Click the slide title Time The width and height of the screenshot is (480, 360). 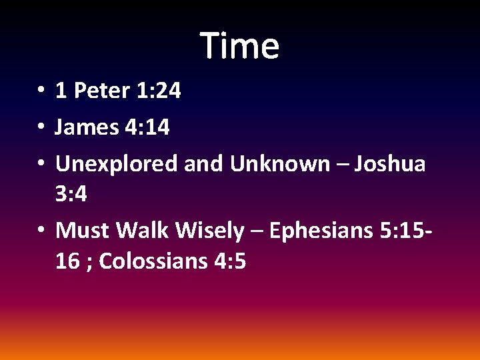click(x=239, y=46)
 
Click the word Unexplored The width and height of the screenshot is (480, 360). click(x=117, y=163)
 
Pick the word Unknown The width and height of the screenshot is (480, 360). click(x=279, y=163)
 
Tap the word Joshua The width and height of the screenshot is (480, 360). click(x=389, y=163)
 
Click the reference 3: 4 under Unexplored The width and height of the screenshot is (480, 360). click(x=72, y=195)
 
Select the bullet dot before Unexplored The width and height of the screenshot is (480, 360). click(x=41, y=164)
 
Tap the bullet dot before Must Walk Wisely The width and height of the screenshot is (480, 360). click(x=41, y=231)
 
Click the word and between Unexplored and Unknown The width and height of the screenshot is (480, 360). click(x=204, y=163)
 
